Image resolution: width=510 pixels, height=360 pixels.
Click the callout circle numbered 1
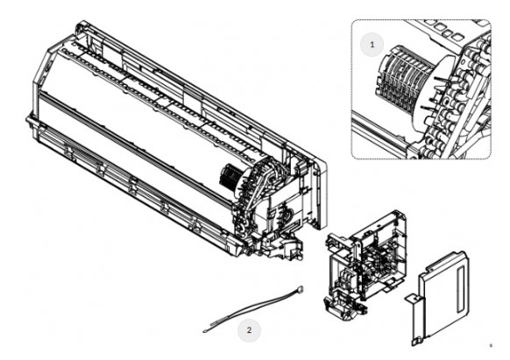coord(372,45)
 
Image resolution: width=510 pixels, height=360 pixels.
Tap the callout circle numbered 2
coord(249,330)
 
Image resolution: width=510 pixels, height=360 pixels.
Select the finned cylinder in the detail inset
coord(403,77)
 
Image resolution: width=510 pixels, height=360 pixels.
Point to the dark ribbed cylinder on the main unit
coord(230,177)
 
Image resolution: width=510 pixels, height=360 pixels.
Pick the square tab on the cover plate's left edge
coord(412,300)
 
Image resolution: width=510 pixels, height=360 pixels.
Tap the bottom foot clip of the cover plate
coord(415,341)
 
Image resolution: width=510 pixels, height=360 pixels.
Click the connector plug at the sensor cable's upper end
coord(301,289)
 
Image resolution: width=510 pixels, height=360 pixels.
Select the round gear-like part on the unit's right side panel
coord(287,215)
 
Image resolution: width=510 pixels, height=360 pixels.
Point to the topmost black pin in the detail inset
coord(442,78)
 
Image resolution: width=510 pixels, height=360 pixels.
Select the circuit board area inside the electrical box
coord(380,257)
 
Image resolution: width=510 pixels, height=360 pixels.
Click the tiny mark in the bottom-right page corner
coord(491,345)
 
